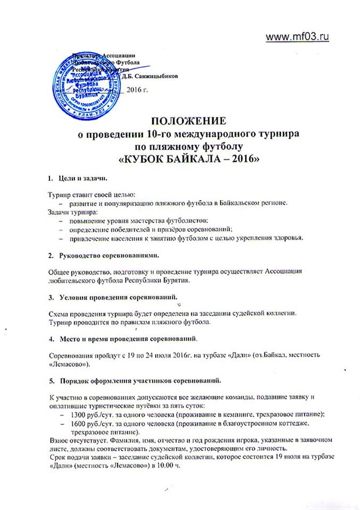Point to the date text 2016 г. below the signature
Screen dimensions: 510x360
click(138, 90)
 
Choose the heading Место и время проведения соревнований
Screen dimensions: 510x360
click(129, 337)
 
